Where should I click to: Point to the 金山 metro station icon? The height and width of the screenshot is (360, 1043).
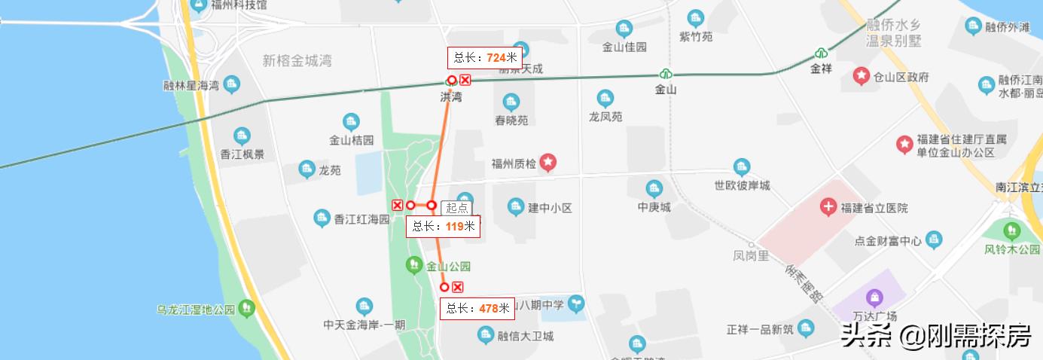point(666,74)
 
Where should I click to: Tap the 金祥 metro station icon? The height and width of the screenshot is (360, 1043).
point(821,53)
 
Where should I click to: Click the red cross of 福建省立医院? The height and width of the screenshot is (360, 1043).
point(828,207)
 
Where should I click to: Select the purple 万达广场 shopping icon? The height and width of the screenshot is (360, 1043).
point(874,298)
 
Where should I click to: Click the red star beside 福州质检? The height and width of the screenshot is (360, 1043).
point(548,162)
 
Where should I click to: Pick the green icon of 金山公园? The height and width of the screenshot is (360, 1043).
point(413,265)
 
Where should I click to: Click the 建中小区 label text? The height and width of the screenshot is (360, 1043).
point(550,207)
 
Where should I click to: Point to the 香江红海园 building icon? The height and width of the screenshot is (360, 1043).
point(322,218)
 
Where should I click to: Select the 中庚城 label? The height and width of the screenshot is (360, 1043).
point(654,207)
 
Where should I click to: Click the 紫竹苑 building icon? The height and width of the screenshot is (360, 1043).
point(695,18)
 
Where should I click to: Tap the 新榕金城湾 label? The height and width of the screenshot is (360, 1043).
point(297,61)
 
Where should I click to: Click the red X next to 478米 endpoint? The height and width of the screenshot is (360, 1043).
point(457,287)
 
